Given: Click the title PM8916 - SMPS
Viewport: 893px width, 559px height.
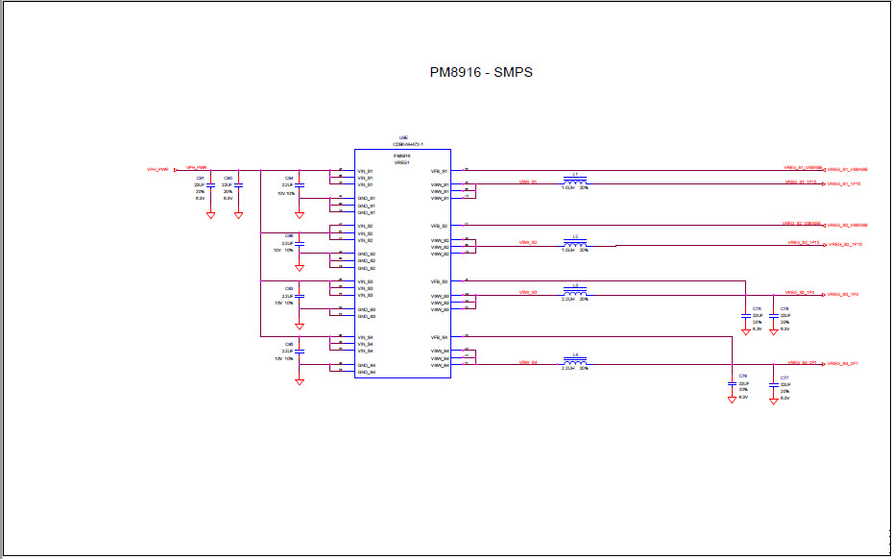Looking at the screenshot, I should click(481, 73).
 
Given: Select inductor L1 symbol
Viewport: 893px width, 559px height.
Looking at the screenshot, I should click(575, 180).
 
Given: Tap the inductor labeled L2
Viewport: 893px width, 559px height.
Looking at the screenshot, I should click(575, 243).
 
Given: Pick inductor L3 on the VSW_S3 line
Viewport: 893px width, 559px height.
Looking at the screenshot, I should click(575, 292).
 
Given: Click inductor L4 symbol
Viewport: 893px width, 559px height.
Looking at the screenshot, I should click(575, 361).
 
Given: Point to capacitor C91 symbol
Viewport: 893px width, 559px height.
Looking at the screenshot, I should click(210, 184).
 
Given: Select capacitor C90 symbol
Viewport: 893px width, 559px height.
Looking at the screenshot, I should click(238, 184).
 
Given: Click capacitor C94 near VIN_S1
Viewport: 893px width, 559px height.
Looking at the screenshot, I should click(300, 185).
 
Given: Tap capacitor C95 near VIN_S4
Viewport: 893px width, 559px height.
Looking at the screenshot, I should click(300, 351).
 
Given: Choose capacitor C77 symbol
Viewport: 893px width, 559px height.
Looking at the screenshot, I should click(774, 385).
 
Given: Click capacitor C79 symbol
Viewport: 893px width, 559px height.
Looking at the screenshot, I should click(732, 385).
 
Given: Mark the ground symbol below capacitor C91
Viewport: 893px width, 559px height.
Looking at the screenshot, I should click(210, 215).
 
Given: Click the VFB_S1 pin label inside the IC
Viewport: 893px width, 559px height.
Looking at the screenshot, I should click(440, 170).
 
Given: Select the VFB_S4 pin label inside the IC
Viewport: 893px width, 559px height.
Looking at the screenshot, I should click(440, 337).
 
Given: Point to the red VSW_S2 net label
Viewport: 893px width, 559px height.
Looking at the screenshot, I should click(528, 243).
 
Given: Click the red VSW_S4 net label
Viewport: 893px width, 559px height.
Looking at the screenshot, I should click(528, 362).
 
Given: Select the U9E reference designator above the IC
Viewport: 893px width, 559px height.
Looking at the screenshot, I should click(404, 137).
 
